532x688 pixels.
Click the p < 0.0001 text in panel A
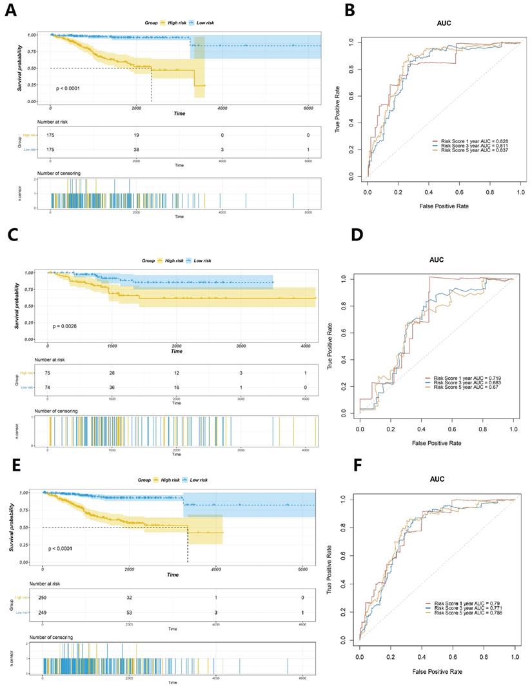(68, 88)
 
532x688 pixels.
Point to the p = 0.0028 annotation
(66, 327)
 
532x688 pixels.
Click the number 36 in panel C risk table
(112, 386)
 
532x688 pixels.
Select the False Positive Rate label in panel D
(437, 443)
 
